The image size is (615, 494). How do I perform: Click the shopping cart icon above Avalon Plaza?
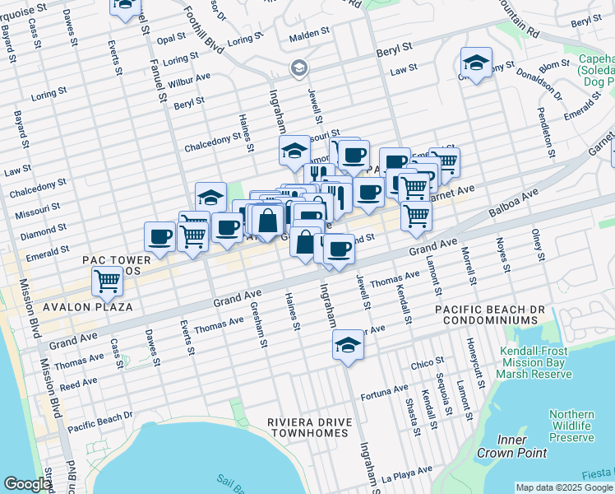pyautogui.click(x=108, y=281)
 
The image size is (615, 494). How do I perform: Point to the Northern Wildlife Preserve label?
pyautogui.click(x=571, y=426)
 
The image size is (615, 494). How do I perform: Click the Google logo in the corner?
pyautogui.click(x=26, y=484)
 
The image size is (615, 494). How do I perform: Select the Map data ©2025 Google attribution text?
pyautogui.click(x=563, y=487)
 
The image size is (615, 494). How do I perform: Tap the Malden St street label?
pyautogui.click(x=309, y=37)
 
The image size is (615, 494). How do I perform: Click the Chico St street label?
pyautogui.click(x=428, y=361)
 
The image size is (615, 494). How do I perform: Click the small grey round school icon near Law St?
pyautogui.click(x=298, y=67)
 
